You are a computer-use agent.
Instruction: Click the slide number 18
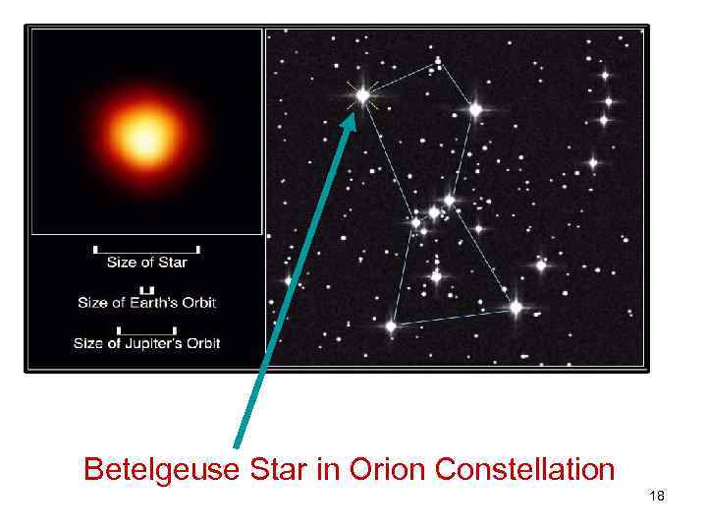pyautogui.click(x=657, y=497)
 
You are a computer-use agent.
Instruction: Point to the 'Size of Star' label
pyautogui.click(x=146, y=262)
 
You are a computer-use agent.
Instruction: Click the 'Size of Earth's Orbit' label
pyautogui.click(x=146, y=302)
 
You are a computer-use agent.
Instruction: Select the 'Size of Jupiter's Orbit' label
pyautogui.click(x=146, y=343)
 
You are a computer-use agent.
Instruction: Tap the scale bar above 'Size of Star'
pyautogui.click(x=146, y=249)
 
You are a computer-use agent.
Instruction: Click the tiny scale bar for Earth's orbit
pyautogui.click(x=146, y=290)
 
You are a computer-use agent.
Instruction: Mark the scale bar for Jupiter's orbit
pyautogui.click(x=146, y=330)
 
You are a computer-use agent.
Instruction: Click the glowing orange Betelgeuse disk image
pyautogui.click(x=145, y=135)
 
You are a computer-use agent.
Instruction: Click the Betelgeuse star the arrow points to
pyautogui.click(x=362, y=95)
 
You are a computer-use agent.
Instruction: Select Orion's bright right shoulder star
pyautogui.click(x=475, y=110)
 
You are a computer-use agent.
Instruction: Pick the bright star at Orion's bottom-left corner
pyautogui.click(x=391, y=324)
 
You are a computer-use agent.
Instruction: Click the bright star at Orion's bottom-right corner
pyautogui.click(x=516, y=308)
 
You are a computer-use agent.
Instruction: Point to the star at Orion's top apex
pyautogui.click(x=438, y=64)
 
